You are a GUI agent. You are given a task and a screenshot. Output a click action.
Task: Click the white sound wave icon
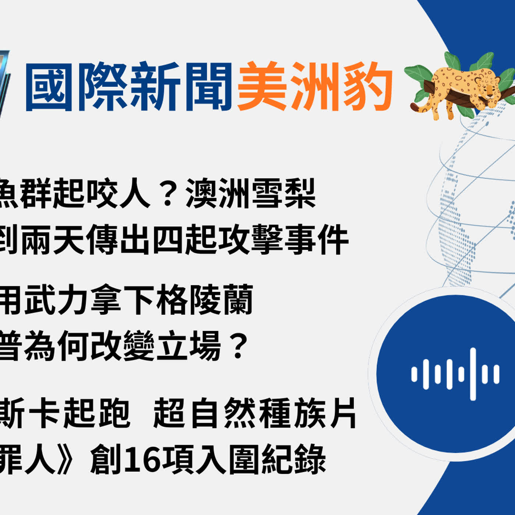coord(455,374)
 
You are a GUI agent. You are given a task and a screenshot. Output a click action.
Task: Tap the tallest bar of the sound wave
coord(473,374)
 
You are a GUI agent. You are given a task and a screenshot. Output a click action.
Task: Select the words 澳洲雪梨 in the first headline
coord(251,193)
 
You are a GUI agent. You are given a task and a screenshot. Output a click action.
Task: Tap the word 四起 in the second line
coord(184,240)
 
